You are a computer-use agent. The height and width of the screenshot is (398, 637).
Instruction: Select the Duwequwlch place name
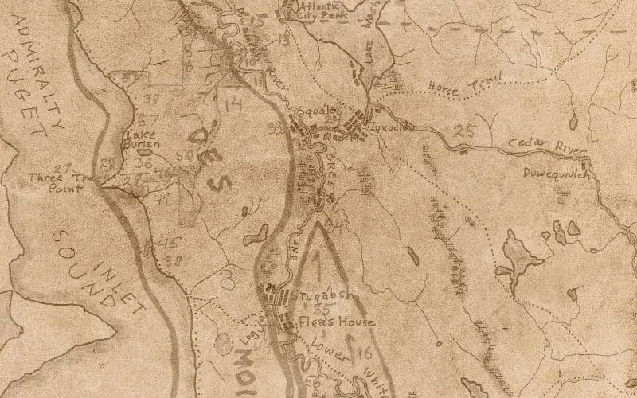tap(557, 173)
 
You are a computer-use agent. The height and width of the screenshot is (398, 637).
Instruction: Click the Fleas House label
tap(326, 323)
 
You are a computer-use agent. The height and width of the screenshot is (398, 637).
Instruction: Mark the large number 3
tap(229, 279)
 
